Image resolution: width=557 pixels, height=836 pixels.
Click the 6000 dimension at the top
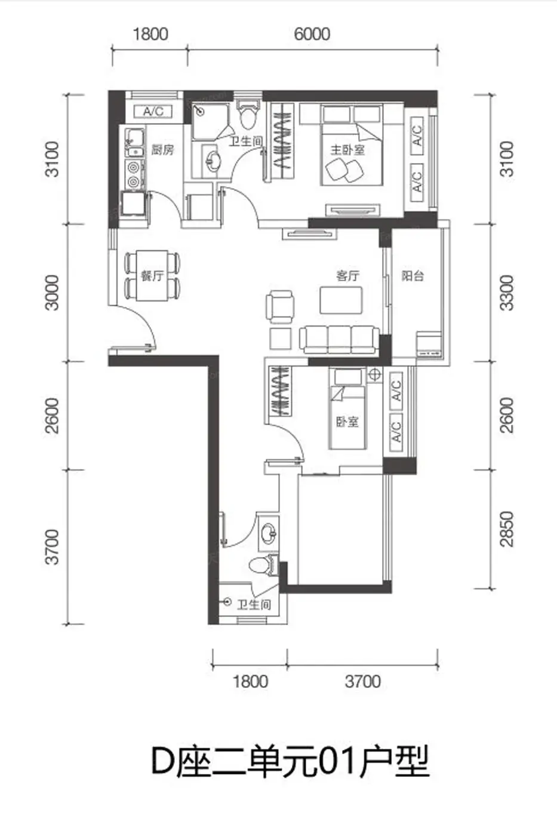point(312,34)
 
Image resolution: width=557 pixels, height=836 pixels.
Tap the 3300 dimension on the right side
point(507,293)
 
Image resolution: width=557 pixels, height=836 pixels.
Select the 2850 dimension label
point(507,529)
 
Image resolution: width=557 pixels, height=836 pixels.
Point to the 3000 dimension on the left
point(52,293)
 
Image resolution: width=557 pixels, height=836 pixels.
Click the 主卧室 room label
point(347,150)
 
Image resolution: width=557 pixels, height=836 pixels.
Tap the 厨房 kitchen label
point(162,150)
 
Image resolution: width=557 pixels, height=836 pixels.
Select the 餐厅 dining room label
point(152,276)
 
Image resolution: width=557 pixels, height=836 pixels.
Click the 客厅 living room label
point(347,276)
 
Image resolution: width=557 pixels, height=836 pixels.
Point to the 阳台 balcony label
point(413,276)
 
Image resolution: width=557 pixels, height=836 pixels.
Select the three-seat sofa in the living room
point(339,339)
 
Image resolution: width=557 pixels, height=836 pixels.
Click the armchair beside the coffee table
point(279,306)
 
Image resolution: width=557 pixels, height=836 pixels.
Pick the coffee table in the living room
point(341,300)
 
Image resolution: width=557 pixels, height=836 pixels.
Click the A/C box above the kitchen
point(153,111)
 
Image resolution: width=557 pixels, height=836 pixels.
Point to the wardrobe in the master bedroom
point(282,142)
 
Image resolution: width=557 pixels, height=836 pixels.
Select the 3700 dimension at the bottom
point(362,681)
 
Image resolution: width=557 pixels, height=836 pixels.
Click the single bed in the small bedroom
point(347,409)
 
